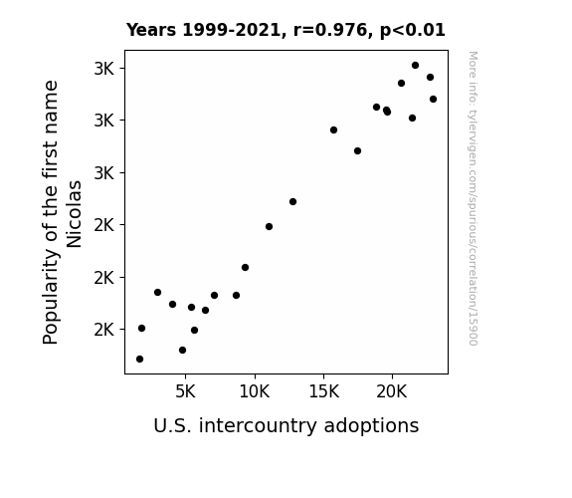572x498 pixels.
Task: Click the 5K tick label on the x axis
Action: pos(185,391)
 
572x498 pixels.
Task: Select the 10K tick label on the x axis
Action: pos(255,391)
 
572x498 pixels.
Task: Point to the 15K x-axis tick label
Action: pos(323,391)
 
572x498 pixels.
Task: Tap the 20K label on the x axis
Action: pos(392,391)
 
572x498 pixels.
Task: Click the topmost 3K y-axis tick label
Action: pos(104,69)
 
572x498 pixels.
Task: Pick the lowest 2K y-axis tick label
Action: pos(104,330)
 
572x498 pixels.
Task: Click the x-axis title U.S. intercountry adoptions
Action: pos(286,425)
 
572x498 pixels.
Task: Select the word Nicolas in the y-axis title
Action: pos(74,214)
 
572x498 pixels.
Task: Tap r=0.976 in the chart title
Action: pos(330,30)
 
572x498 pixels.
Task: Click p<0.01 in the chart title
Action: pos(413,30)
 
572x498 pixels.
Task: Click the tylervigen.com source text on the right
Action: pos(474,198)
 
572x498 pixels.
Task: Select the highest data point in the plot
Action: pos(415,66)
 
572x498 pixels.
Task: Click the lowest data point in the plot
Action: pos(139,360)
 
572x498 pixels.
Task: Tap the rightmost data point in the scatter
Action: pos(433,99)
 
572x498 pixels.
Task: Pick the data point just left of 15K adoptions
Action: pos(292,201)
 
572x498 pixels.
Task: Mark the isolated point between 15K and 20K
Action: pos(357,151)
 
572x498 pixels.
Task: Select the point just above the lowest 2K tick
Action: pos(141,328)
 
